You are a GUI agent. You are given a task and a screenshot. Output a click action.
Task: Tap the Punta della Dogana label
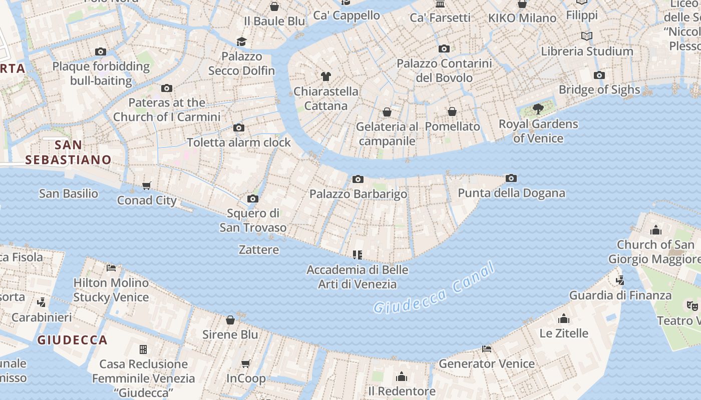coord(511,193)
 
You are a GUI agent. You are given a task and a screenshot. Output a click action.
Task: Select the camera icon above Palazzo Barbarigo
coord(358,179)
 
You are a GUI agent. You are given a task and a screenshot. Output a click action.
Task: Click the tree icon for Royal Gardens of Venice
coord(538,108)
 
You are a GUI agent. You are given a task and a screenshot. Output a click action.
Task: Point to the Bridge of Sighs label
coord(599,90)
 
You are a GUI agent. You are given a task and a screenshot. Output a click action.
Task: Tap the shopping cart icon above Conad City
coord(146,186)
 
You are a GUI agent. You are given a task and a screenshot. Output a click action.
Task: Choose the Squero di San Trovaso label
coord(253,220)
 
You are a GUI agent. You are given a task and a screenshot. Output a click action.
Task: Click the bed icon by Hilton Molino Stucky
coord(111,268)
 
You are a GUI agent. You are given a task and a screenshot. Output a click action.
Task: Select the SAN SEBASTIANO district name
coord(68,152)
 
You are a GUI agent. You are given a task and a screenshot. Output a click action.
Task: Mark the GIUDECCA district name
coord(73,340)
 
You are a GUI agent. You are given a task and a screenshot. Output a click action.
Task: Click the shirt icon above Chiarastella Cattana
coord(326,76)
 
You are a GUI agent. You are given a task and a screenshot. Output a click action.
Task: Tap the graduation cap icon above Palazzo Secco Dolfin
coord(241,41)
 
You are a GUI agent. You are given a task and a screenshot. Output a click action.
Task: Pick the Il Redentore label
coord(402,391)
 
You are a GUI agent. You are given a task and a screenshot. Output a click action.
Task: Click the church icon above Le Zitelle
coord(564,318)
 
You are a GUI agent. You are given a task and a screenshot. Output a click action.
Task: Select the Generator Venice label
coord(486,363)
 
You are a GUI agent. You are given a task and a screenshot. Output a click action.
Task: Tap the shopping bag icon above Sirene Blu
coord(230,319)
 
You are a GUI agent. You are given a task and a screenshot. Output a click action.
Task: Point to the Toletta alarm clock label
coord(239,142)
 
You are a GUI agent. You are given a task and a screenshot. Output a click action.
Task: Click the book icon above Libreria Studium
coord(587,36)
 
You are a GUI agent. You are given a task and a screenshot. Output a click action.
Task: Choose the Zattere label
coord(259,249)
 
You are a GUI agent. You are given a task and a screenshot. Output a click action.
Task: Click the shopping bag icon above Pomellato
coord(452,111)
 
